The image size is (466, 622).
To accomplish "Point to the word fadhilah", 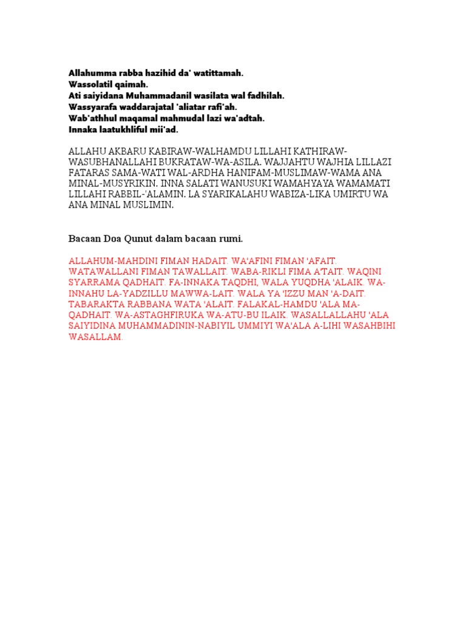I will pos(265,96).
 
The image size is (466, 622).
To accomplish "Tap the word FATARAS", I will pos(89,173).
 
